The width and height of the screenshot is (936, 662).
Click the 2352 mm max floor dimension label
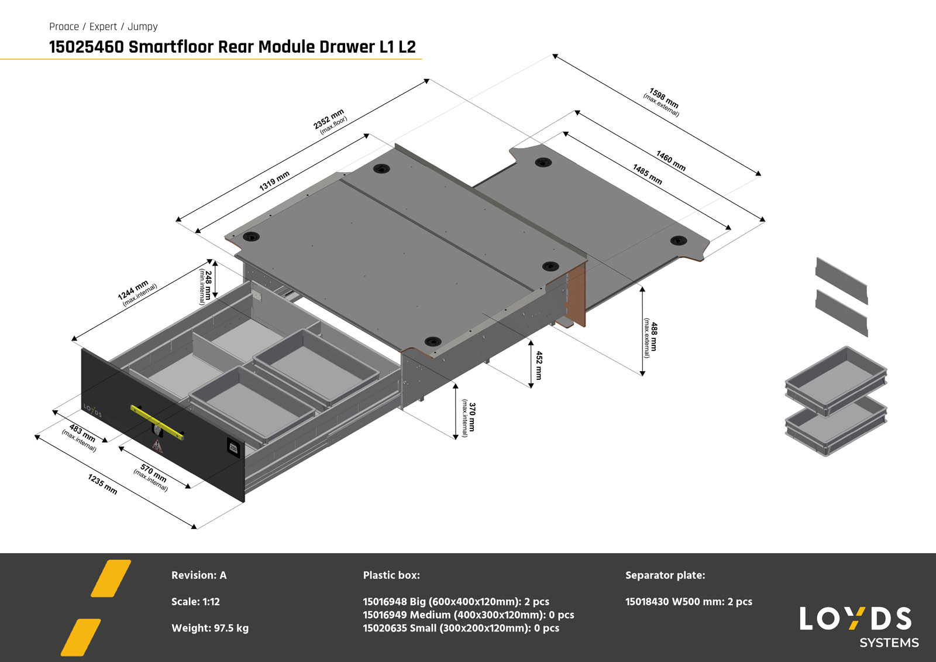(331, 121)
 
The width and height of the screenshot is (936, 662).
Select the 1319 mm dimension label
(274, 181)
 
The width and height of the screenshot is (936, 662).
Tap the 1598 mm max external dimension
(663, 102)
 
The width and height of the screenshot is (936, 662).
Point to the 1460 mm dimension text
(670, 160)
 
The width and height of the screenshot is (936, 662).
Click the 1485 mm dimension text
(647, 174)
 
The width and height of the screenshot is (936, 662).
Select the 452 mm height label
(539, 365)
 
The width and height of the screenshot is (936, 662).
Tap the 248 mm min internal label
(205, 286)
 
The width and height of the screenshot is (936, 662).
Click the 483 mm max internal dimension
(81, 437)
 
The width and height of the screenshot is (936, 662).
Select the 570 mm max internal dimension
(152, 476)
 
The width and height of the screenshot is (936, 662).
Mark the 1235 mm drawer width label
(102, 483)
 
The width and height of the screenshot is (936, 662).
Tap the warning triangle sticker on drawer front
(157, 447)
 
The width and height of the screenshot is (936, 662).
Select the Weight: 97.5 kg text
(209, 628)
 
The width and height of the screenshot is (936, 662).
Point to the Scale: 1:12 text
(195, 602)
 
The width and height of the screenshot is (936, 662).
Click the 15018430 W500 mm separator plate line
(689, 602)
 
